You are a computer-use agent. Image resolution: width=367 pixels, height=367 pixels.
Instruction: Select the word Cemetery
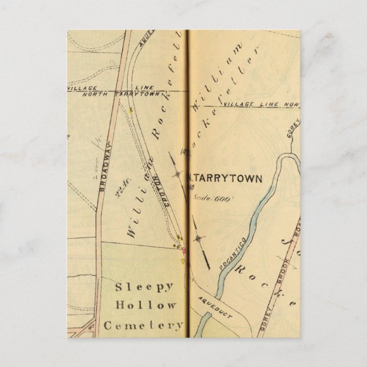(144, 325)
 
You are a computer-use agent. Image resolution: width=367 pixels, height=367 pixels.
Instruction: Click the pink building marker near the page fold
(183, 250)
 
